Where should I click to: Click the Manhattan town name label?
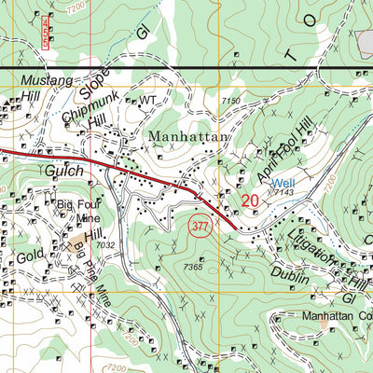tap(187, 136)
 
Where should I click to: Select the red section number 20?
tap(249, 200)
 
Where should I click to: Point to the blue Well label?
tap(284, 183)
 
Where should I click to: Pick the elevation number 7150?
tap(232, 99)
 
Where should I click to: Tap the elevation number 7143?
tap(285, 193)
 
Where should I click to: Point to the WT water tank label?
tap(147, 100)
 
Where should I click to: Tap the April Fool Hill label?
tap(279, 150)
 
